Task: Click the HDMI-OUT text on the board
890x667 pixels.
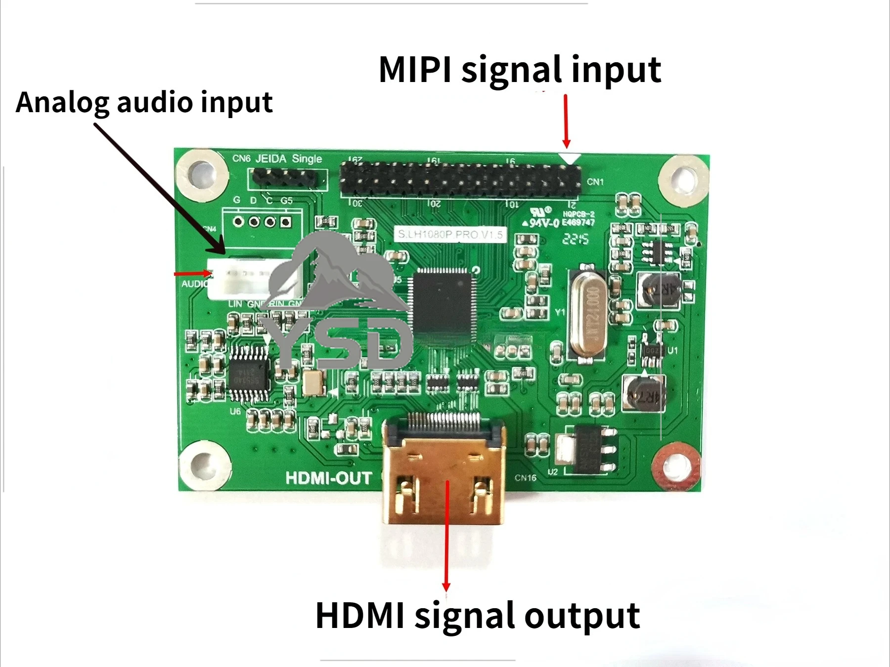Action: tap(328, 478)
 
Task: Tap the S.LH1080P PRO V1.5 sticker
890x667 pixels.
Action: tap(450, 234)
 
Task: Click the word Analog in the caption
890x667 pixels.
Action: tap(62, 103)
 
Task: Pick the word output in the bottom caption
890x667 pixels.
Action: tap(582, 616)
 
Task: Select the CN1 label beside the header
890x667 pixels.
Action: tap(595, 182)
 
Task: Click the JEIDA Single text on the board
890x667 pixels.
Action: tap(289, 159)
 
